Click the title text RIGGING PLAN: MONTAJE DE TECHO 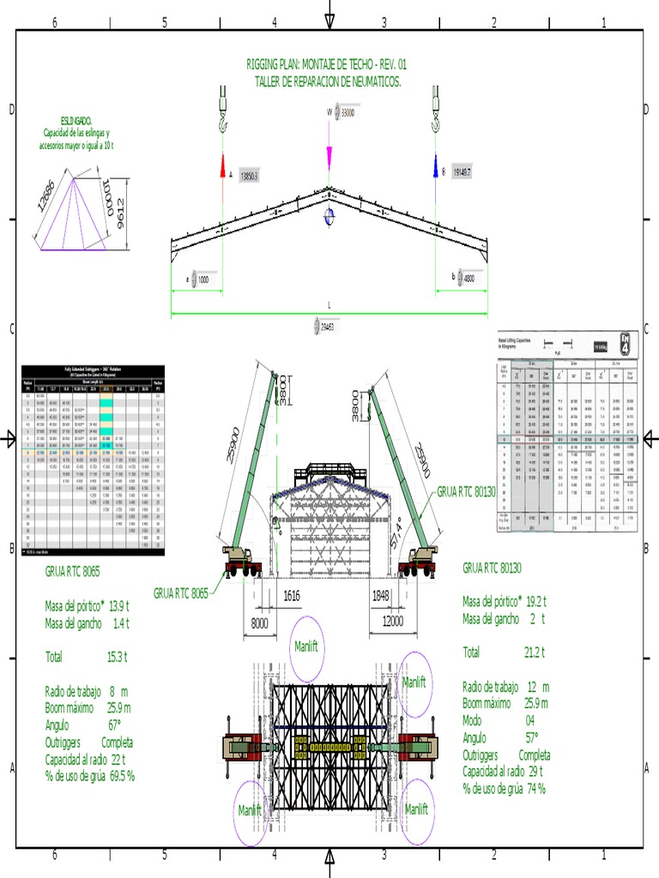coord(326,64)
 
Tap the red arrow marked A coord(222,166)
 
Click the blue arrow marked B coord(436,165)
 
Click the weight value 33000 coord(348,112)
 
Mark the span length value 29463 coord(329,327)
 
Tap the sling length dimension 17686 coord(50,194)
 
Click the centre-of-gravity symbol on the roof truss coord(329,217)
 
